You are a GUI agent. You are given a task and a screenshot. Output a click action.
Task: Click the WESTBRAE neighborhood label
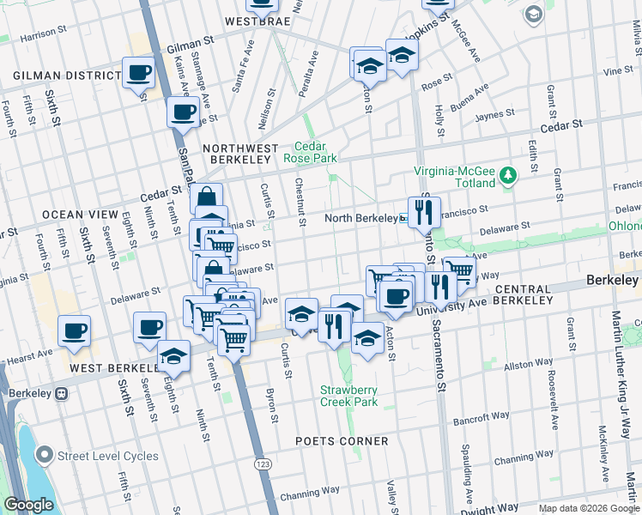coord(255,20)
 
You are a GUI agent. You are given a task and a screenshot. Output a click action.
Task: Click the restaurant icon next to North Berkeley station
coord(423,212)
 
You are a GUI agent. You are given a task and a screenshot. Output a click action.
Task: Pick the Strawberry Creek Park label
coord(348,396)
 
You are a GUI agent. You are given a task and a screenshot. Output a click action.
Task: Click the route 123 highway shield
coord(261,463)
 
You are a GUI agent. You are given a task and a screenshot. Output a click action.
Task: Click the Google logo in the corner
coord(29,505)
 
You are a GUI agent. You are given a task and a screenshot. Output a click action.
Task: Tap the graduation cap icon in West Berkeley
coord(174,356)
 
